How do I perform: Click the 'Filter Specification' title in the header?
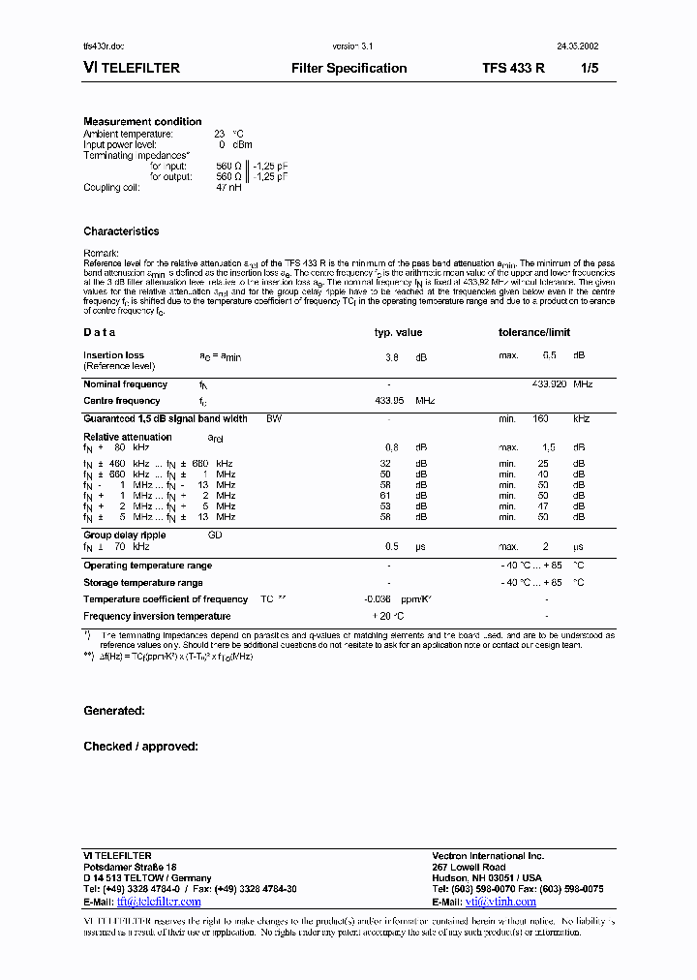348,69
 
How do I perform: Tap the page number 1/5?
590,69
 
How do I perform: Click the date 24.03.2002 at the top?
577,46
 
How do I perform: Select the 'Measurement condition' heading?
142,122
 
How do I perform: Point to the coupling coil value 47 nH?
228,187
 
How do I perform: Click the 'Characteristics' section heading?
121,231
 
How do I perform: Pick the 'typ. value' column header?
398,332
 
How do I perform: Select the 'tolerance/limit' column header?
534,332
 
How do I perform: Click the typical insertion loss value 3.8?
392,356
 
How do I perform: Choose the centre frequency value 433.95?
390,400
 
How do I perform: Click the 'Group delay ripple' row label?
124,535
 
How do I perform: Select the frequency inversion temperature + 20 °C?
388,616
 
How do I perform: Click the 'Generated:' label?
114,711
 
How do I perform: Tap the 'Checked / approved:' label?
140,747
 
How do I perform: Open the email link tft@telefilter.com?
159,901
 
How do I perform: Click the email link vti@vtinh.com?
500,901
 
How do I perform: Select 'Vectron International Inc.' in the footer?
488,856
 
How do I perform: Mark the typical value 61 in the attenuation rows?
392,495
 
